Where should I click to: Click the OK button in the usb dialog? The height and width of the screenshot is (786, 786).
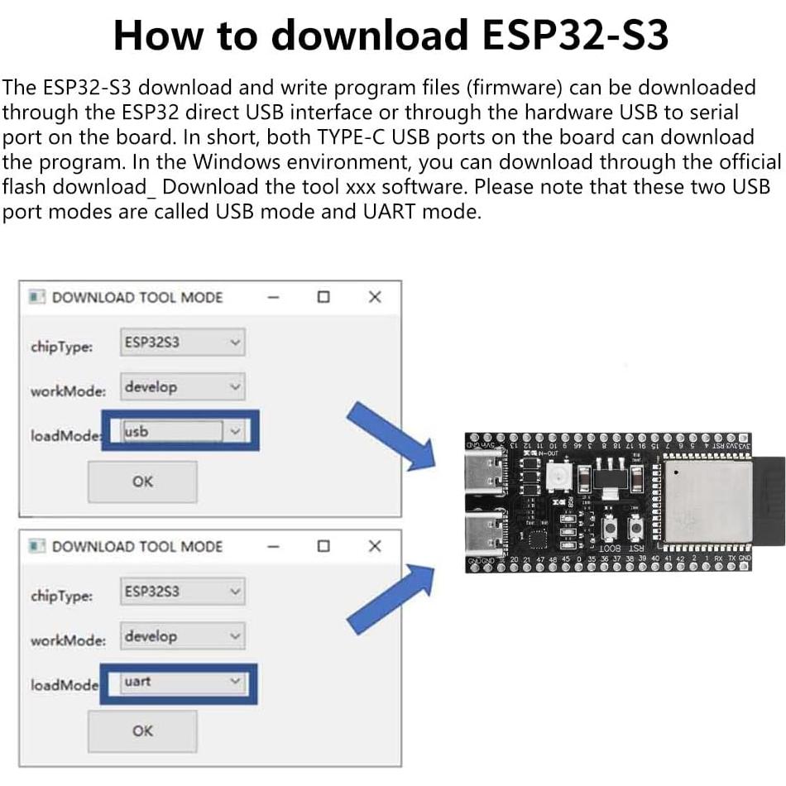pyautogui.click(x=142, y=482)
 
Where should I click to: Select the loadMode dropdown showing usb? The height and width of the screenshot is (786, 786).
pyautogui.click(x=183, y=431)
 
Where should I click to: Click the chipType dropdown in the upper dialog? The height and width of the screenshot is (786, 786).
pyautogui.click(x=183, y=342)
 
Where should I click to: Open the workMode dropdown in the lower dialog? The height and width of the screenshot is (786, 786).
pyautogui.click(x=183, y=636)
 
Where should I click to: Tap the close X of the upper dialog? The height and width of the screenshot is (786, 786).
pyautogui.click(x=375, y=297)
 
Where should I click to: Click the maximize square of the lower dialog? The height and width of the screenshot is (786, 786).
pyautogui.click(x=324, y=546)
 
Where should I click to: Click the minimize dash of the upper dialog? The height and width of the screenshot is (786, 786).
pyautogui.click(x=274, y=297)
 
